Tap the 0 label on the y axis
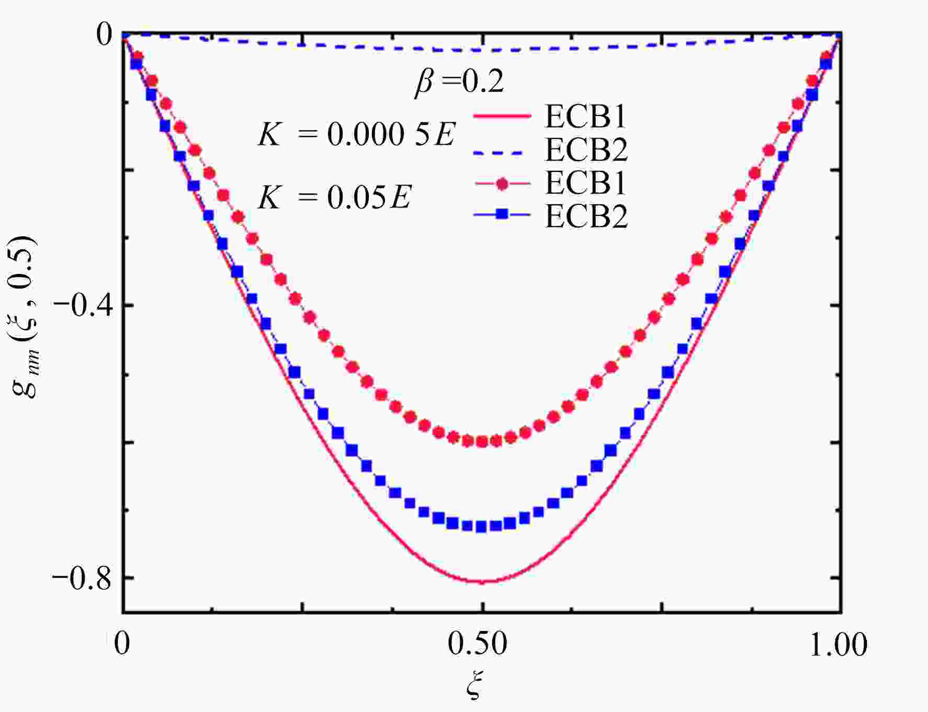point(104,36)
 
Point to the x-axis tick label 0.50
point(477,644)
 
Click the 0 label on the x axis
point(122,644)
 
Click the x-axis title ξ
point(474,685)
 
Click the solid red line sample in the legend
point(502,116)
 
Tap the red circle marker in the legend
point(502,183)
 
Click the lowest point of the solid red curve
point(482,581)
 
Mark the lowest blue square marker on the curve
point(481,526)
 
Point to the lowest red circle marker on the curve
point(482,442)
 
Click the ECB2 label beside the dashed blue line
point(586,150)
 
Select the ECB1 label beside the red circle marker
point(586,182)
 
